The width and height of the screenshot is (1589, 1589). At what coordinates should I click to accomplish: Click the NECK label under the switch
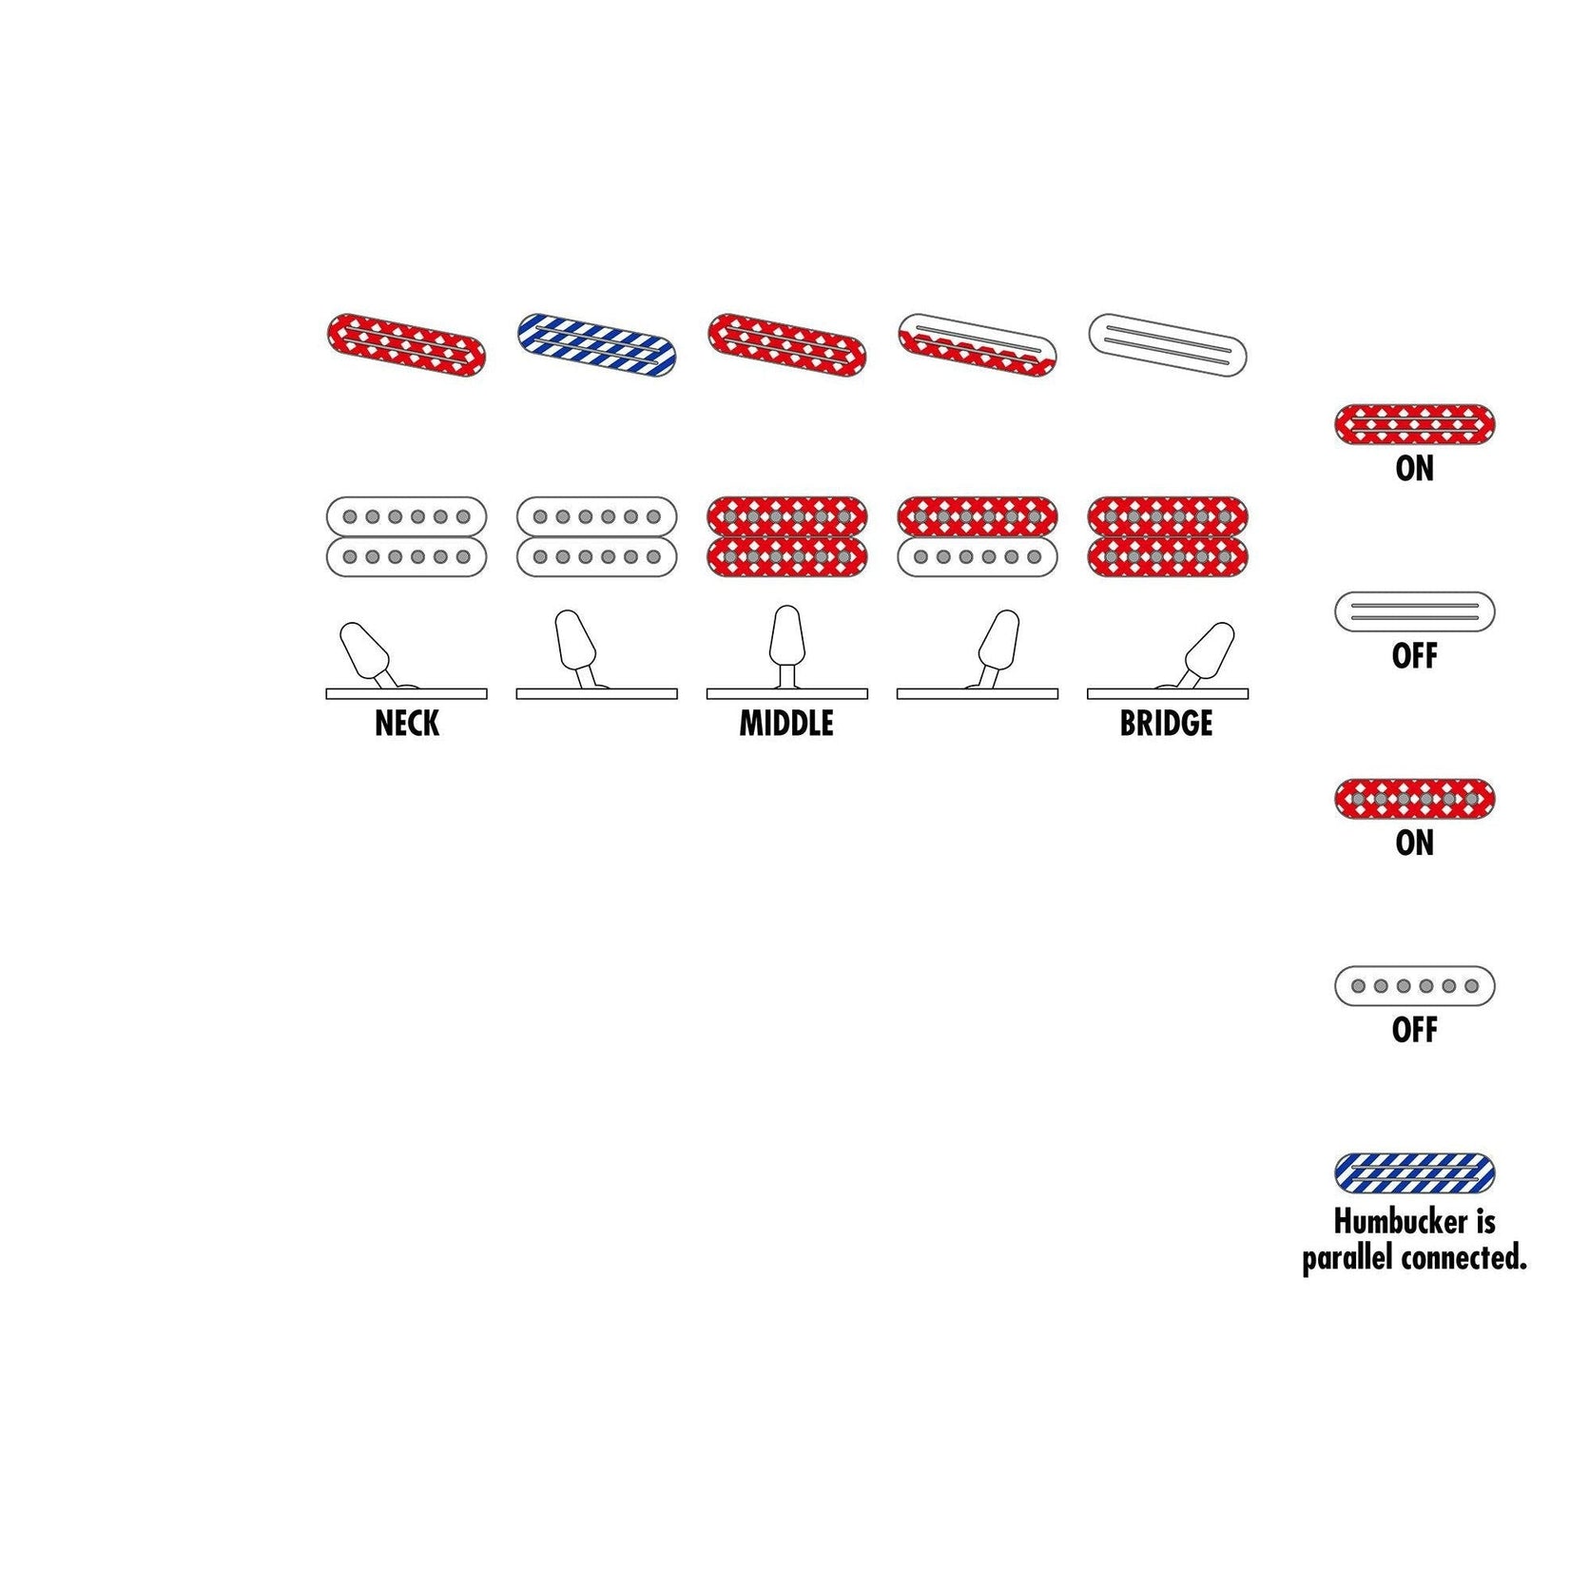pyautogui.click(x=407, y=724)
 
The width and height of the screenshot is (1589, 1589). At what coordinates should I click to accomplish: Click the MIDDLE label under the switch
pyautogui.click(x=786, y=724)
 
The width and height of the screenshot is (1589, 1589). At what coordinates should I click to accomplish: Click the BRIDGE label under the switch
pyautogui.click(x=1166, y=724)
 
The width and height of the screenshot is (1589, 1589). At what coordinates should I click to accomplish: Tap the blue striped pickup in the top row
pyautogui.click(x=596, y=344)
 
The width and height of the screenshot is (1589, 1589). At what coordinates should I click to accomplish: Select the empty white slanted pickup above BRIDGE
pyautogui.click(x=1167, y=344)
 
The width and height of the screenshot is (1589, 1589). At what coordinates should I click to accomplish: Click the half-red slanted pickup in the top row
pyautogui.click(x=977, y=344)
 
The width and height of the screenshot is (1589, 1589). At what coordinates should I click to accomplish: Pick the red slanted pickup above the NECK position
pyautogui.click(x=406, y=344)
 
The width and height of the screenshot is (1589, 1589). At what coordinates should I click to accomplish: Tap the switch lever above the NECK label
pyautogui.click(x=366, y=649)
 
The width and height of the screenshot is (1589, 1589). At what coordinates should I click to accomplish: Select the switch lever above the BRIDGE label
pyautogui.click(x=1209, y=649)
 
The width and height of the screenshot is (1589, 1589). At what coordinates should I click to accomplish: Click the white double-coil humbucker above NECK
pyautogui.click(x=406, y=536)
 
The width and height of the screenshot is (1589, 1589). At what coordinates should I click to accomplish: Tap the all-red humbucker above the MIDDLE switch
pyautogui.click(x=786, y=536)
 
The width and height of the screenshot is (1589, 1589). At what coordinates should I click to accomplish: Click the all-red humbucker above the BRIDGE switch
pyautogui.click(x=1167, y=536)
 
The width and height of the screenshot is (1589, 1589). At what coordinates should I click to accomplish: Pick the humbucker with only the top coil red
pyautogui.click(x=977, y=536)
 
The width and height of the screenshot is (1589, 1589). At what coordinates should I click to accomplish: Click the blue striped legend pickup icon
pyautogui.click(x=1414, y=1173)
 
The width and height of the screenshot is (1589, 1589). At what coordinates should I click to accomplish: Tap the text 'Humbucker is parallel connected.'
pyautogui.click(x=1414, y=1239)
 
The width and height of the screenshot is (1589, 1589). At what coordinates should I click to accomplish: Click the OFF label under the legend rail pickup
pyautogui.click(x=1414, y=655)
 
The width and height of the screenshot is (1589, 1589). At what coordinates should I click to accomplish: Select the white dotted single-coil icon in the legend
pyautogui.click(x=1414, y=986)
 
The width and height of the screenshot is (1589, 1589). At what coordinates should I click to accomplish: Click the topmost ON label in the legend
pyautogui.click(x=1414, y=469)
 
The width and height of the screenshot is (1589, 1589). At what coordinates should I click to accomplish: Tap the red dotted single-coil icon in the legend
pyautogui.click(x=1414, y=799)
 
